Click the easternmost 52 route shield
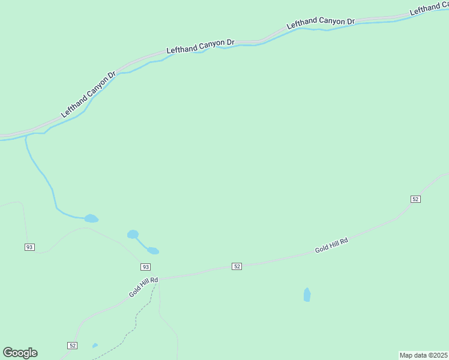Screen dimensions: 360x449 pos(415,199)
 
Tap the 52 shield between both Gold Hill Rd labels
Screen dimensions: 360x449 pos(237,266)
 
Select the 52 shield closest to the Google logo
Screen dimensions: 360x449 pos(72,345)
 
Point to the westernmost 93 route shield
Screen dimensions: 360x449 pos(29,247)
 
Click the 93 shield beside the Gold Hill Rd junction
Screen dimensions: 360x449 pos(145,266)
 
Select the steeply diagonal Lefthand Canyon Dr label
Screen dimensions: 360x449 pos(88,95)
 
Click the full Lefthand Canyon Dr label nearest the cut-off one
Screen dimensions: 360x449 pos(321,23)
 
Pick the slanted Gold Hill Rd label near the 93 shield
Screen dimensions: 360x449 pos(143,287)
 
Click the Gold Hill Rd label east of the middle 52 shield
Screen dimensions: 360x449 pos(331,245)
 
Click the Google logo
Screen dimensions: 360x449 pos(20,353)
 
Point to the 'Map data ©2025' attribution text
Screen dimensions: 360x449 pos(423,355)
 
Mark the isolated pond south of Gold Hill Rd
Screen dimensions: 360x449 pos(307,295)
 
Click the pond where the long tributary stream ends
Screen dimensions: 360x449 pos(91,218)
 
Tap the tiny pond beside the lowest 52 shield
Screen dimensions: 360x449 pos(95,346)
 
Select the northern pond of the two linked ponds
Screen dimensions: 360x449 pos(133,234)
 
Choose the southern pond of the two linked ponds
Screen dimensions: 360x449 pos(153,251)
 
